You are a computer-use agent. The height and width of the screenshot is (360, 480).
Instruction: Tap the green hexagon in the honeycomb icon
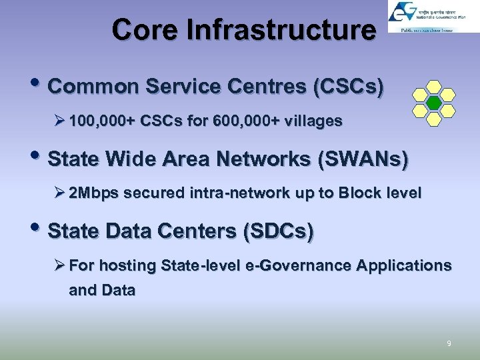point(433,103)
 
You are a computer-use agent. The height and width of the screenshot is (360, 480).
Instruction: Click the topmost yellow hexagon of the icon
point(433,87)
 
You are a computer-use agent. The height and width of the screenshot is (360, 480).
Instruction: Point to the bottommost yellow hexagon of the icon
point(433,119)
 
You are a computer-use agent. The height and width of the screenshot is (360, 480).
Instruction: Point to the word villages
point(312,121)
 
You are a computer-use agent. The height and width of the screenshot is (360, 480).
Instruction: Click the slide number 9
point(449,344)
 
